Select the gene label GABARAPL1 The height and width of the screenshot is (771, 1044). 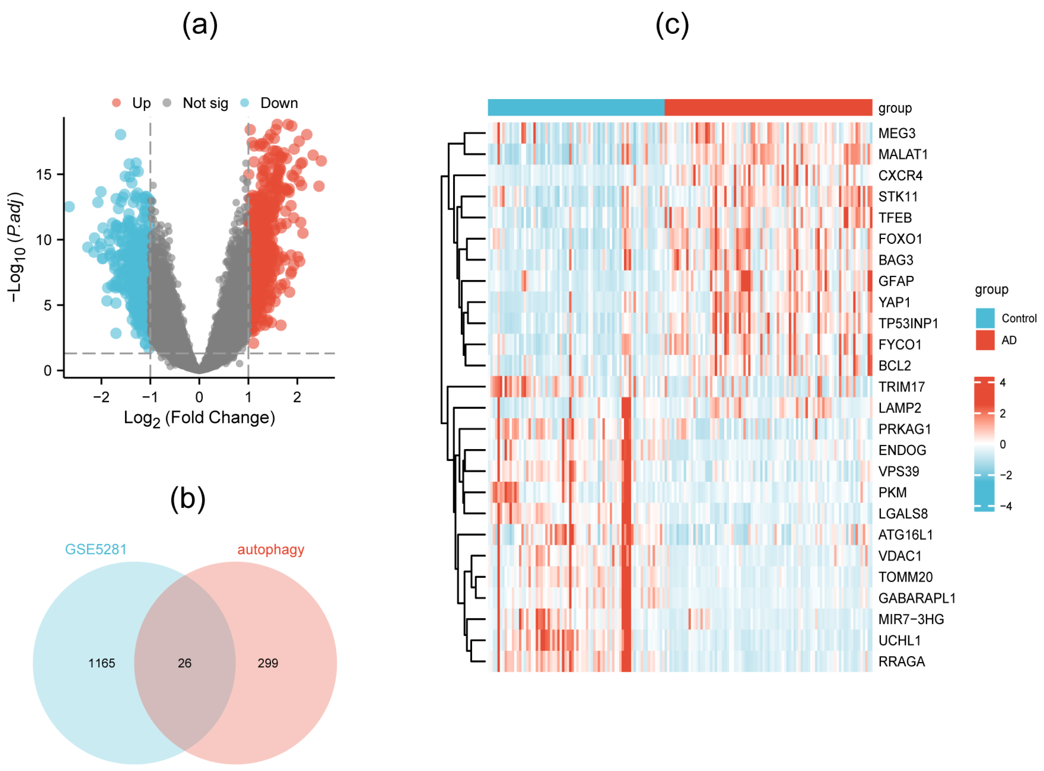coord(916,598)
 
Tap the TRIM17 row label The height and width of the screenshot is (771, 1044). coord(901,387)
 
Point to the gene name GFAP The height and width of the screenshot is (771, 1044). coord(896,281)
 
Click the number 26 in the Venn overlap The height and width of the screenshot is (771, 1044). coord(184,663)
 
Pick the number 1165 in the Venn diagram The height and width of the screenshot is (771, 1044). coord(102,663)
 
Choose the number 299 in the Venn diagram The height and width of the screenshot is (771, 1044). coord(268,663)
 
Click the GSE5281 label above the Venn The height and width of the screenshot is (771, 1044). coord(96,549)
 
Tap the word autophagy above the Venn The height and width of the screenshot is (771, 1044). coord(271,549)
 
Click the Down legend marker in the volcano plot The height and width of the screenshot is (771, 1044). coord(244,103)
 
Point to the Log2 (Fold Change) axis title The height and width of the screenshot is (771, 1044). coord(199,418)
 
